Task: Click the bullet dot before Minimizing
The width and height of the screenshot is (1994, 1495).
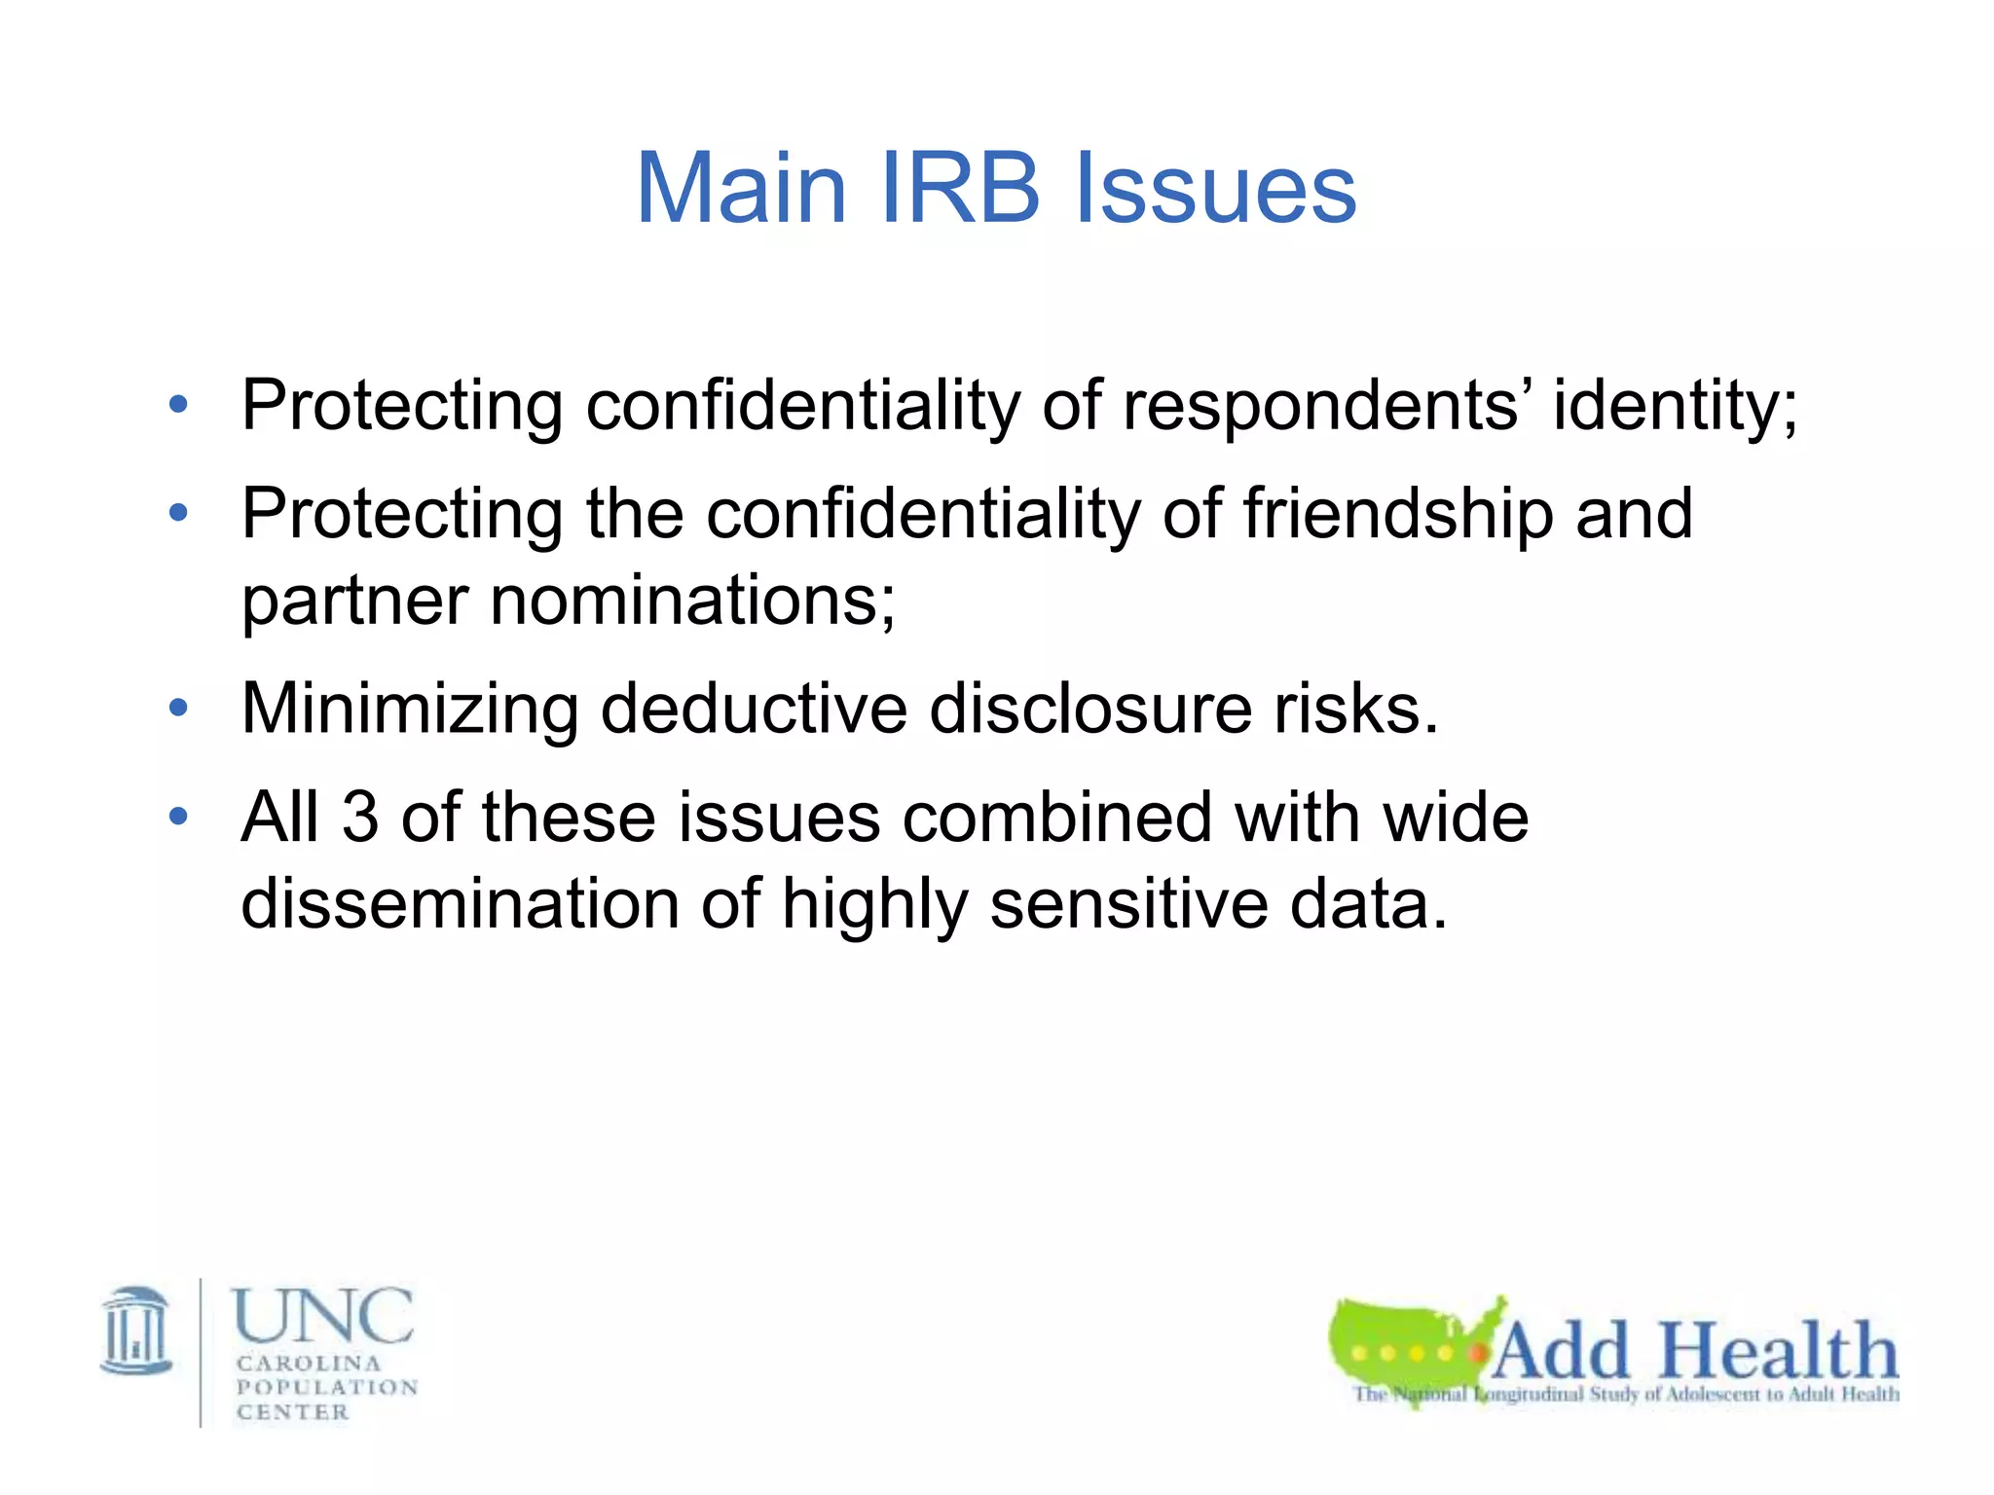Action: pyautogui.click(x=178, y=708)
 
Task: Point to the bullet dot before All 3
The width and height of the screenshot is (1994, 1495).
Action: pyautogui.click(x=178, y=816)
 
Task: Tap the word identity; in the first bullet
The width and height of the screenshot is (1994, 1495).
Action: pyautogui.click(x=1675, y=405)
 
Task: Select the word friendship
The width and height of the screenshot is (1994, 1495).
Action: pyautogui.click(x=1398, y=513)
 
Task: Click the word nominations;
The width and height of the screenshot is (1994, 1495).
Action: pyautogui.click(x=692, y=600)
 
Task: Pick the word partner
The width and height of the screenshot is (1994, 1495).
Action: pyautogui.click(x=354, y=600)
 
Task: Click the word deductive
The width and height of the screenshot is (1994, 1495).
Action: pyautogui.click(x=754, y=708)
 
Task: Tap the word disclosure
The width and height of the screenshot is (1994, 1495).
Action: pyautogui.click(x=1090, y=708)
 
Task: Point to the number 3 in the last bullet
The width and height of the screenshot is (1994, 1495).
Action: pyautogui.click(x=359, y=816)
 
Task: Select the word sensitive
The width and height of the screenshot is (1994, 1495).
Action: pyautogui.click(x=1129, y=902)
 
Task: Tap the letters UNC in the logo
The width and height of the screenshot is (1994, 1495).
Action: pyautogui.click(x=322, y=1316)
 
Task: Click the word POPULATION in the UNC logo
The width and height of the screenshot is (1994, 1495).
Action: pyautogui.click(x=327, y=1387)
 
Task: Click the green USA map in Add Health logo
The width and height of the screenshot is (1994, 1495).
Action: pyautogui.click(x=1402, y=1343)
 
